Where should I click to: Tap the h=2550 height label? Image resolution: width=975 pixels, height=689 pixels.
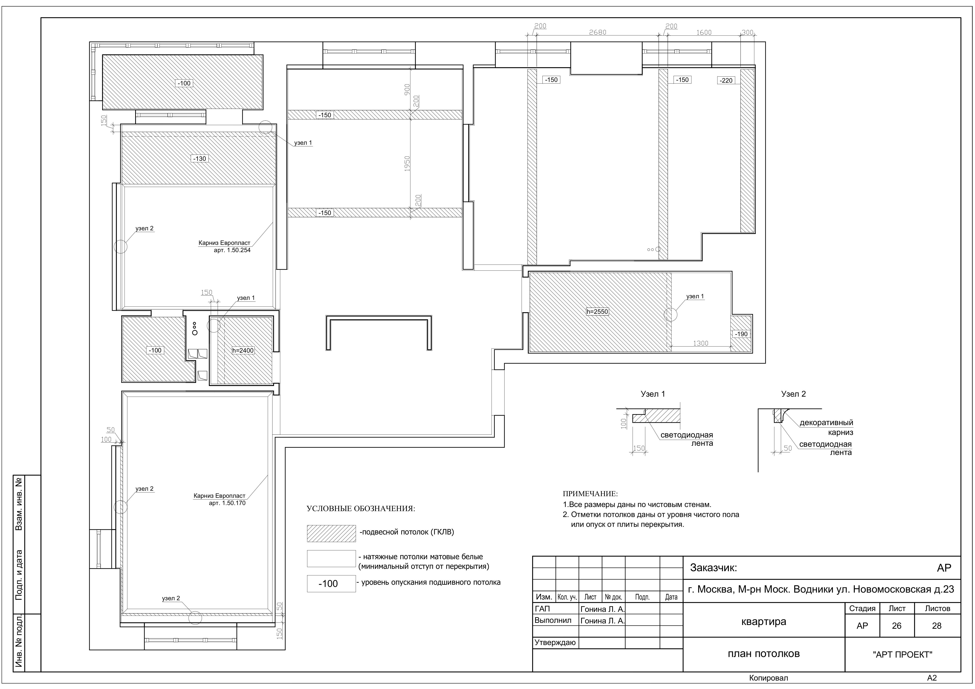coord(597,312)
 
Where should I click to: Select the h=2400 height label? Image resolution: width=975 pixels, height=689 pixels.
coord(243,351)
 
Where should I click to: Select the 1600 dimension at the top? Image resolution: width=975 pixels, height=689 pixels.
coord(704,32)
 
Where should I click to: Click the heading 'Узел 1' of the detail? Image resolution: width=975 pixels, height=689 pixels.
coord(653,394)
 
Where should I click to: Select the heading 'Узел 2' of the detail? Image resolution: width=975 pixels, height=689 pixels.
coord(793,394)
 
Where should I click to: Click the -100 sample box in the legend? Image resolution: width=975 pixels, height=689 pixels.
coord(331,584)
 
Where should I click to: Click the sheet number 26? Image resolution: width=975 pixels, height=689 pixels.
coord(896,626)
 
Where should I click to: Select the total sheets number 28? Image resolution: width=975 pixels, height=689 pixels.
coord(936,626)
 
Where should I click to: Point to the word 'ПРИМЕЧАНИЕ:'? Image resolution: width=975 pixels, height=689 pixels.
coord(590,494)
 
